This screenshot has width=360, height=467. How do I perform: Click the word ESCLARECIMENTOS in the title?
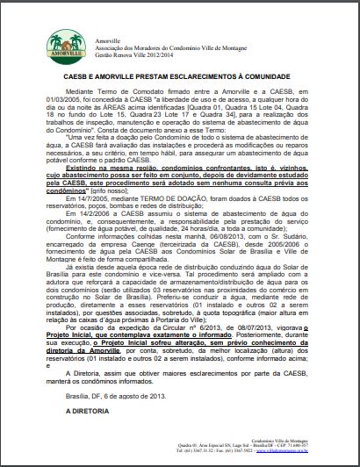204,75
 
